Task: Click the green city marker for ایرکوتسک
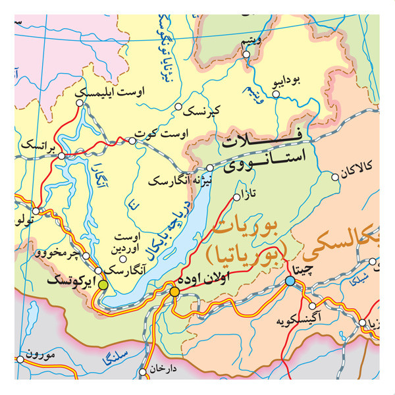pyautogui.click(x=103, y=284)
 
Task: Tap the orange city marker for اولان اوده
pyautogui.click(x=174, y=291)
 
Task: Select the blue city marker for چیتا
pyautogui.click(x=290, y=281)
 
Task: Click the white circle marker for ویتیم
pyautogui.click(x=246, y=55)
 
